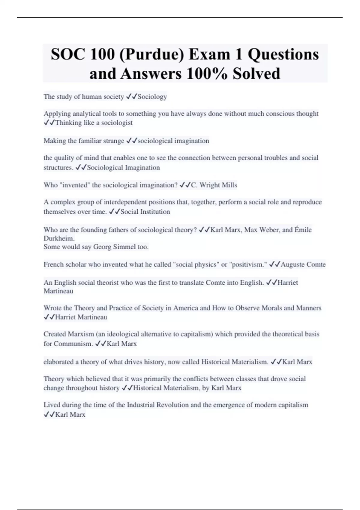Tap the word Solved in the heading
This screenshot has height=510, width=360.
(x=256, y=73)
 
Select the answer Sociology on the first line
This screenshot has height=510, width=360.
(x=152, y=97)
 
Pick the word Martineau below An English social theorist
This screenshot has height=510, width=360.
(x=58, y=291)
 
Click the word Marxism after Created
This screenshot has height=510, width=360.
(x=81, y=334)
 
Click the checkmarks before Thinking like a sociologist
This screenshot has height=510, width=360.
(x=49, y=123)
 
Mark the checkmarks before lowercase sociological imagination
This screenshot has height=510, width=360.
(x=132, y=141)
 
